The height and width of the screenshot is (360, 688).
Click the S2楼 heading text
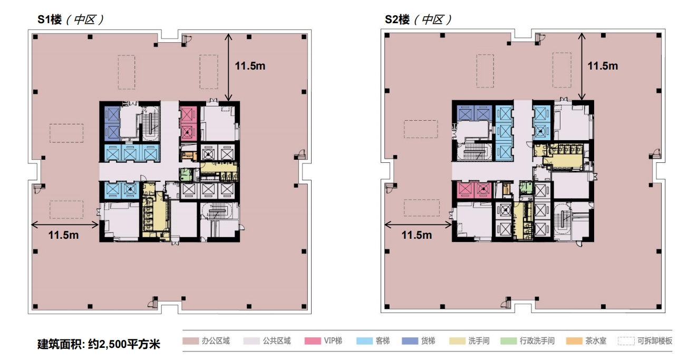397,20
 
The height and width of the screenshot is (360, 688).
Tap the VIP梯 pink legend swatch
313,341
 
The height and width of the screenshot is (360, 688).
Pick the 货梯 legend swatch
410,341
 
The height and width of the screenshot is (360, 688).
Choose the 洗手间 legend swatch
457,341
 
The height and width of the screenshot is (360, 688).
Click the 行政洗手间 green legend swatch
508,341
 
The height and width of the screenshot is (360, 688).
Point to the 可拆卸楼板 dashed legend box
626,341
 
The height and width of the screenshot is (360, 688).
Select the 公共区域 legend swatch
251,341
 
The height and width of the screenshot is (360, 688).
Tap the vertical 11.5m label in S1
250,66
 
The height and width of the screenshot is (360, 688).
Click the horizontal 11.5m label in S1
63,235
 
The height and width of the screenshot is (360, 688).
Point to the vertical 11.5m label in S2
603,66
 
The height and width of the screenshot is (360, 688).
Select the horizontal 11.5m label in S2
416,235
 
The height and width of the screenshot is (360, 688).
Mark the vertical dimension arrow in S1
228,67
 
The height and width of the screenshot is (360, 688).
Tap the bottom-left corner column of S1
35,304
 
